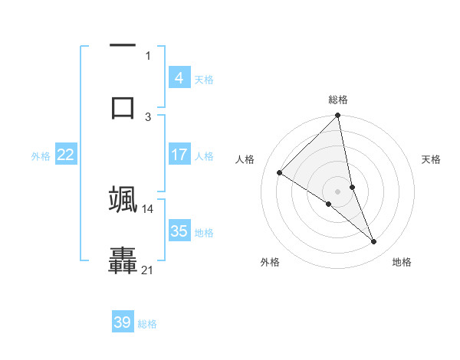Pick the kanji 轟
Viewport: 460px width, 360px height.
pyautogui.click(x=123, y=260)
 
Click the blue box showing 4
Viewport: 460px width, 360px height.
pyautogui.click(x=179, y=77)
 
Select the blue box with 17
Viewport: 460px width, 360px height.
pyautogui.click(x=179, y=155)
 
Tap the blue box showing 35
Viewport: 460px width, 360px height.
pyautogui.click(x=179, y=231)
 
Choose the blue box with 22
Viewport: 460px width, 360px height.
pyautogui.click(x=66, y=155)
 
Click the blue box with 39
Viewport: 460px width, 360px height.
pyautogui.click(x=123, y=322)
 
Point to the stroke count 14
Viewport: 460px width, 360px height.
pyautogui.click(x=148, y=208)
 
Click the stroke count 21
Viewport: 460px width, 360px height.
pyautogui.click(x=148, y=270)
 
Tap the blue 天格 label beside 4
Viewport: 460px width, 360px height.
pyautogui.click(x=204, y=79)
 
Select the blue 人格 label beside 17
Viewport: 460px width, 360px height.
pyautogui.click(x=204, y=156)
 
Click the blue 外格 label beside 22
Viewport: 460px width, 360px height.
pyautogui.click(x=41, y=156)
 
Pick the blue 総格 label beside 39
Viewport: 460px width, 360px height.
pyautogui.click(x=147, y=324)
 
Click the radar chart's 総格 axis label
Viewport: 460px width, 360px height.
pyautogui.click(x=338, y=100)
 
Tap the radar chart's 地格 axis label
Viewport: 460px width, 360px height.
pyautogui.click(x=402, y=263)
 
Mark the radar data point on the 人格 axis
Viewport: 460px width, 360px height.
pyautogui.click(x=280, y=173)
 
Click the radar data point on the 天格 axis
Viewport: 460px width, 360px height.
pyautogui.click(x=352, y=187)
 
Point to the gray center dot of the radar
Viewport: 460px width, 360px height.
pyautogui.click(x=338, y=191)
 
